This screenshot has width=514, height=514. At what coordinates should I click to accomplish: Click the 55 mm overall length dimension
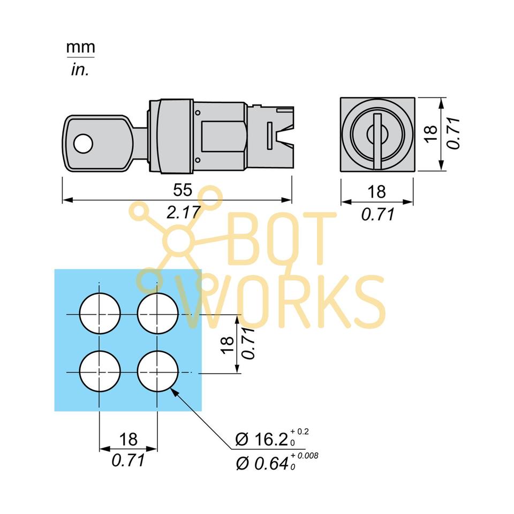(x=183, y=191)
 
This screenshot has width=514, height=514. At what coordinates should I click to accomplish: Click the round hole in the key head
(x=83, y=143)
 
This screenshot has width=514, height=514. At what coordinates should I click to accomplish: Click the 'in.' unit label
(x=80, y=70)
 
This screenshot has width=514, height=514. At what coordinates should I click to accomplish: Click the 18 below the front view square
(x=377, y=192)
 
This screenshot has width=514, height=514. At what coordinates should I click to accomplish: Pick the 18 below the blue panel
(x=128, y=440)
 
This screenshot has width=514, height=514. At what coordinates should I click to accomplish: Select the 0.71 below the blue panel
(x=128, y=460)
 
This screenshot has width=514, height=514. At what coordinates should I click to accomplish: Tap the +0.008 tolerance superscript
(x=306, y=455)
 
